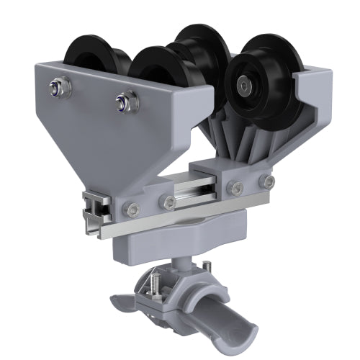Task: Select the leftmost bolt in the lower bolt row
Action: (x=130, y=210)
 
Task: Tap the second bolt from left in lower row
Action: (x=168, y=203)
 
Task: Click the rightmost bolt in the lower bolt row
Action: (x=269, y=182)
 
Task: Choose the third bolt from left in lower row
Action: (x=234, y=189)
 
